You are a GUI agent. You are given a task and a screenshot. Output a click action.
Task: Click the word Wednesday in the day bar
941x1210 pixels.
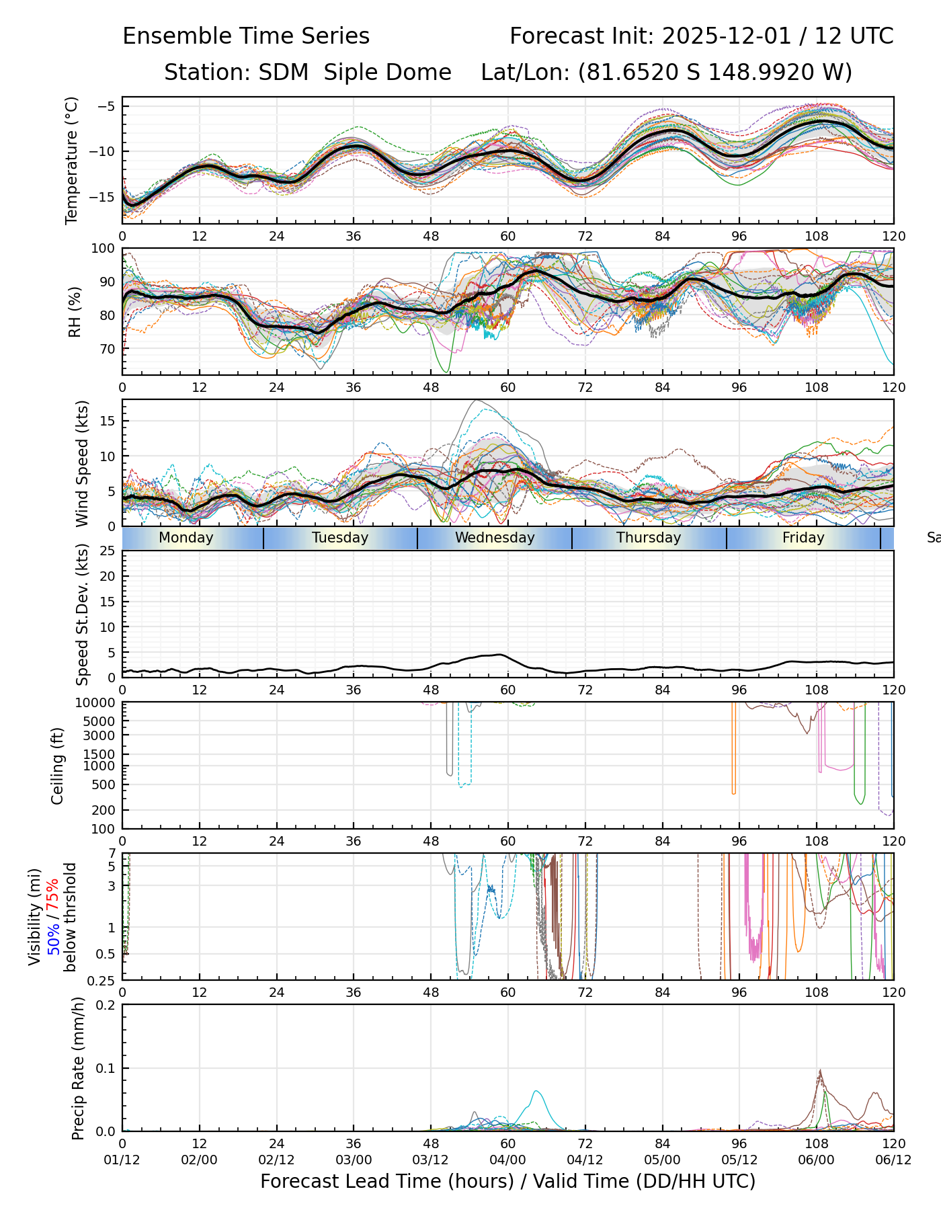point(495,538)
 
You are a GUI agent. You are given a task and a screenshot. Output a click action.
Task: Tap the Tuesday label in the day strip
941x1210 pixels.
point(340,538)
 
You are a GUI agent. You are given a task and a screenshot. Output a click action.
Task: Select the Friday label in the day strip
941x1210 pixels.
point(803,538)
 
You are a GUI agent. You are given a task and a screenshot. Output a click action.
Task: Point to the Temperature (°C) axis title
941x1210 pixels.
point(72,160)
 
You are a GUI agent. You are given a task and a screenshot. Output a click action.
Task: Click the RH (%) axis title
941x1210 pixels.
point(75,311)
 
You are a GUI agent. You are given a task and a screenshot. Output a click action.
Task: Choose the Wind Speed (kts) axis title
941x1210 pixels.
point(82,463)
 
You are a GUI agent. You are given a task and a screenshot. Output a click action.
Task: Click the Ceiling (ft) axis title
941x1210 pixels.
point(58,766)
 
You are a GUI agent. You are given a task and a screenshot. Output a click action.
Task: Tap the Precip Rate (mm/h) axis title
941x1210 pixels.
point(79,1068)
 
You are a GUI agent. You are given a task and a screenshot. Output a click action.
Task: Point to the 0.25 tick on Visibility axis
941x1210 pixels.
point(103,979)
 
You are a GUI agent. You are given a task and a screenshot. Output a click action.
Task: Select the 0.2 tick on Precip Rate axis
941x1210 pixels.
point(106,1005)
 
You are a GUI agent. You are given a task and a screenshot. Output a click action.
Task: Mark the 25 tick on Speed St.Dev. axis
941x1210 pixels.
point(108,551)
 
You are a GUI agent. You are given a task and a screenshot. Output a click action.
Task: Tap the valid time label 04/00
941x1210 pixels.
point(507,1160)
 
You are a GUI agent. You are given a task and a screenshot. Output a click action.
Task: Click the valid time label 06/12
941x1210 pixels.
point(893,1160)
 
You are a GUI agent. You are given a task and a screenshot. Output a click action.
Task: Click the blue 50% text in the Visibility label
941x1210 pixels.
point(53,936)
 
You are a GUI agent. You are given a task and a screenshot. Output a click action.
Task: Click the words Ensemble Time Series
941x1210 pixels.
point(246,36)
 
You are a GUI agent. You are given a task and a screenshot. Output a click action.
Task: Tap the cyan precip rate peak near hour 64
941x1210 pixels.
point(536,1091)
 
